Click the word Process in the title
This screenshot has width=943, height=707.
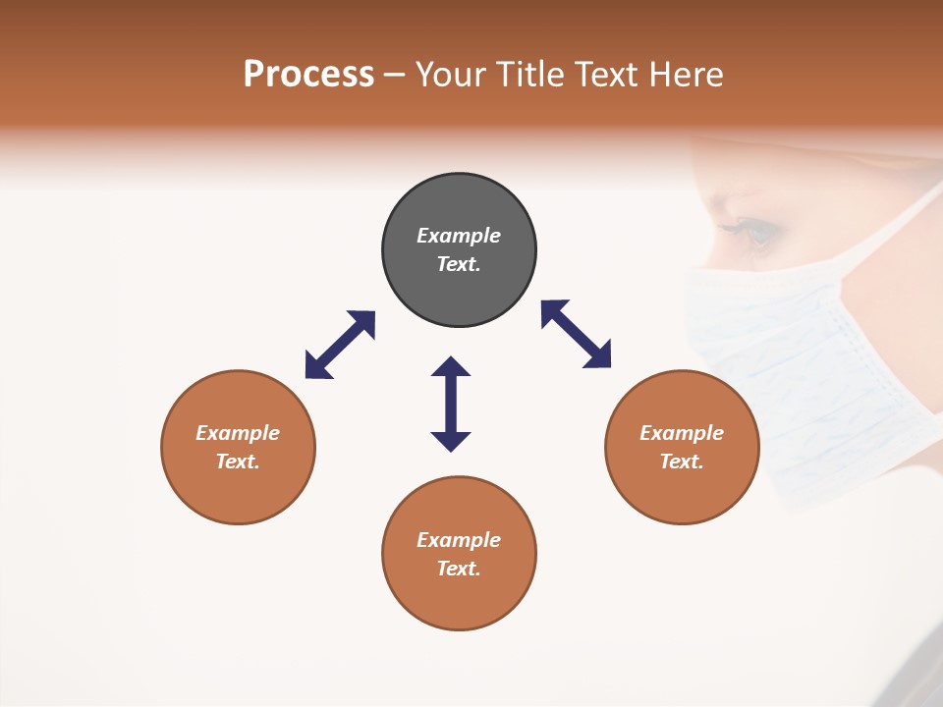pos(308,74)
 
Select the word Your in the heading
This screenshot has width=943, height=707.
pos(452,74)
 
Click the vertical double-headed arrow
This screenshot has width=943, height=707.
pos(451,405)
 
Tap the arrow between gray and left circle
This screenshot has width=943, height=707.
pos(340,345)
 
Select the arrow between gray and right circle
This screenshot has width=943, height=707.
pos(576,334)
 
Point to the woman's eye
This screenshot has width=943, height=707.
pos(759,232)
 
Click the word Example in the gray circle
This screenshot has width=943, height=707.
pos(459,236)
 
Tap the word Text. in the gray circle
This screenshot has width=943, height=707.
pos(459,264)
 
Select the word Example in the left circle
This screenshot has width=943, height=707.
pos(238,433)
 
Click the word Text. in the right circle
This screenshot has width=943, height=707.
pos(682,462)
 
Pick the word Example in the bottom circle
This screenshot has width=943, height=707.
pos(459,540)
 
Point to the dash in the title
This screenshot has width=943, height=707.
pos(395,75)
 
